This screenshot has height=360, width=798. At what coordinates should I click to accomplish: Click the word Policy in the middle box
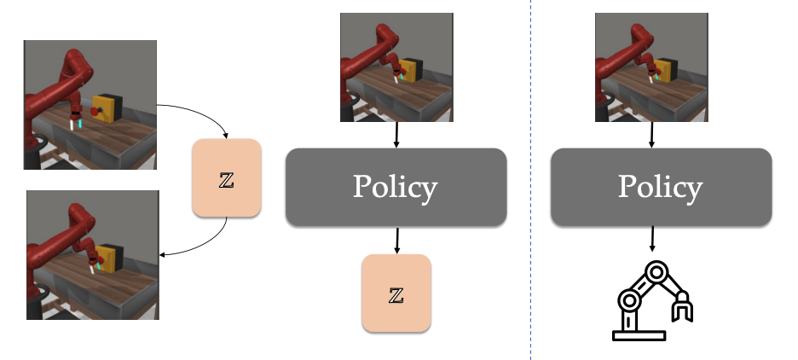pyautogui.click(x=396, y=188)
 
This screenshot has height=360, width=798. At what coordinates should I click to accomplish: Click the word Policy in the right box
pyautogui.click(x=661, y=188)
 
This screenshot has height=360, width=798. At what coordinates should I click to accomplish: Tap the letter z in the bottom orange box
pyautogui.click(x=396, y=294)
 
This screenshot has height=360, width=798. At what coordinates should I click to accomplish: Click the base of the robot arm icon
pyautogui.click(x=638, y=335)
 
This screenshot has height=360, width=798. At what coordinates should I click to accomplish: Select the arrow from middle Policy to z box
pyautogui.click(x=396, y=241)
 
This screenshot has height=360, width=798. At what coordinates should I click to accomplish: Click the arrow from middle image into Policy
pyautogui.click(x=396, y=135)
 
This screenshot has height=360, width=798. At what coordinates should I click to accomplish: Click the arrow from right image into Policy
pyautogui.click(x=652, y=135)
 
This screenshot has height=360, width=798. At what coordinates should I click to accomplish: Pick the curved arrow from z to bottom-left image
pyautogui.click(x=205, y=243)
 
